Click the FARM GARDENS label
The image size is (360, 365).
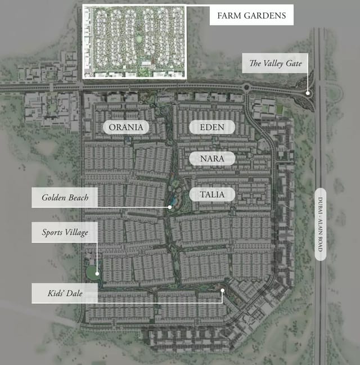(251, 15)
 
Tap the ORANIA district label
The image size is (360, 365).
(126, 127)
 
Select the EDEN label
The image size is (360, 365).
(211, 127)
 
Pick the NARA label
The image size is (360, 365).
(211, 159)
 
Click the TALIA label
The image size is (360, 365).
(211, 195)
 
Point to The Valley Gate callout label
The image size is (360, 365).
(276, 64)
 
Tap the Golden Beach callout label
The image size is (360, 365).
(64, 198)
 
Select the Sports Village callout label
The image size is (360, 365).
(64, 232)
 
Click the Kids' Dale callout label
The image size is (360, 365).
(64, 294)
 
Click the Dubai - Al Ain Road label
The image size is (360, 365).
(321, 224)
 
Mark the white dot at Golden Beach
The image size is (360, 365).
(169, 207)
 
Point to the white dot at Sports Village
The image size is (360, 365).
(97, 274)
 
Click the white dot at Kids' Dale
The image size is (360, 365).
(223, 291)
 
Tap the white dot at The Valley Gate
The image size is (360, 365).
(308, 93)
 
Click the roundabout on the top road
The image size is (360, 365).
(246, 88)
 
